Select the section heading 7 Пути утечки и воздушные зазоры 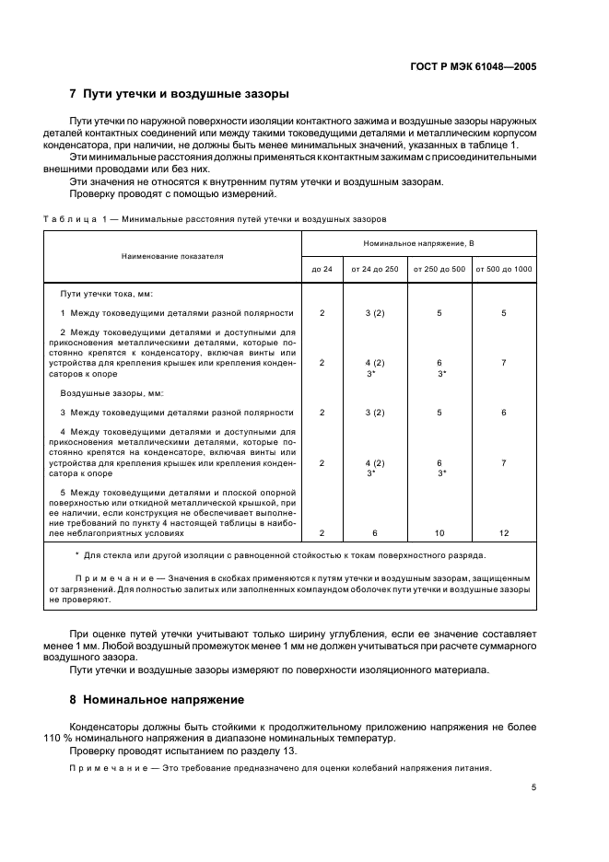pos(180,94)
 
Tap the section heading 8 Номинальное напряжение pos(157,699)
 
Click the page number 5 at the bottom pos(533,787)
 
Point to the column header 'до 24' pos(322,269)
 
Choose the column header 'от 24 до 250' pos(374,269)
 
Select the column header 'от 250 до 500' pos(439,269)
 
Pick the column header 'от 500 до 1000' pos(503,269)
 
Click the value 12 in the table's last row pos(503,533)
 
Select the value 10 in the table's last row pos(439,533)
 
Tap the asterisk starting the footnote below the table pos(76,555)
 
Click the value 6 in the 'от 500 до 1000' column pos(503,413)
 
